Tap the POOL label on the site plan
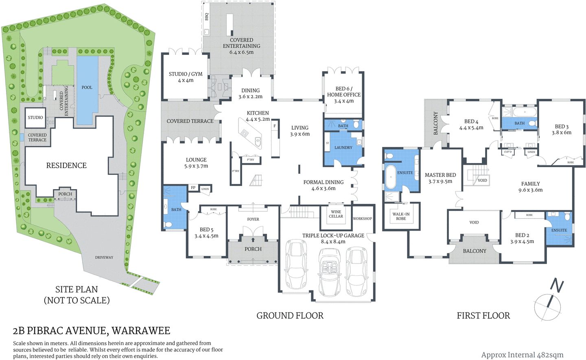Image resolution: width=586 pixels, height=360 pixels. pyautogui.click(x=87, y=87)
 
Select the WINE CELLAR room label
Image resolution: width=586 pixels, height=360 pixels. pyautogui.click(x=336, y=214)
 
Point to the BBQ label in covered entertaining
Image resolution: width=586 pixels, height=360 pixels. pyautogui.click(x=207, y=17)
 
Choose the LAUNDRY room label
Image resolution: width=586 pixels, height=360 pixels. pyautogui.click(x=343, y=148)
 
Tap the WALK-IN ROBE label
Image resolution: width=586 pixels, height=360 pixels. pyautogui.click(x=401, y=216)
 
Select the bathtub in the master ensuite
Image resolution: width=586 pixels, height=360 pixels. pyautogui.click(x=390, y=177)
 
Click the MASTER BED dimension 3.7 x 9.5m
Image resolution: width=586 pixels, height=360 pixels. pyautogui.click(x=440, y=181)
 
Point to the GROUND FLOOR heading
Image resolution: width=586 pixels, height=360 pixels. pyautogui.click(x=290, y=316)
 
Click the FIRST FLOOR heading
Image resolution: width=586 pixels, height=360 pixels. pyautogui.click(x=483, y=316)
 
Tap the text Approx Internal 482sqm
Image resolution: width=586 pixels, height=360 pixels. pyautogui.click(x=522, y=355)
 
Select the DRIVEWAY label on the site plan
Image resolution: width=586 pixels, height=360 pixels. pyautogui.click(x=104, y=257)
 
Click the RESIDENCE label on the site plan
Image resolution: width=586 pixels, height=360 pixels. pyautogui.click(x=66, y=166)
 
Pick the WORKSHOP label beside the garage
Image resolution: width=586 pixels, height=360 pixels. pyautogui.click(x=362, y=219)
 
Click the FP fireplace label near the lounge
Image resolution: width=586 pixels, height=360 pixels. pyautogui.click(x=193, y=188)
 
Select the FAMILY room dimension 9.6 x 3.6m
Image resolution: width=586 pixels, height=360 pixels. pyautogui.click(x=530, y=190)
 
